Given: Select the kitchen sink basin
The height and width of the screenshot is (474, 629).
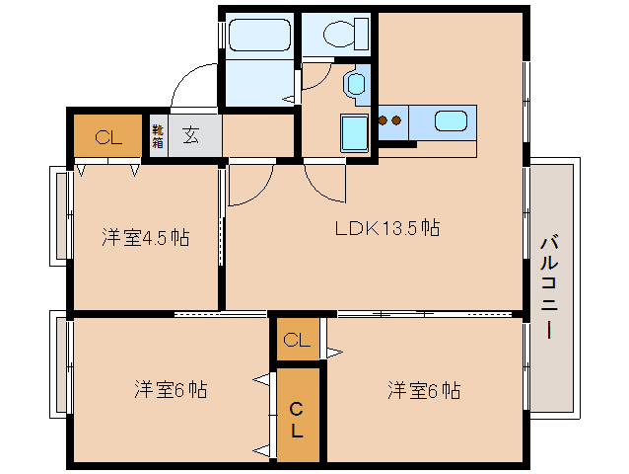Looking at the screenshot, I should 451,122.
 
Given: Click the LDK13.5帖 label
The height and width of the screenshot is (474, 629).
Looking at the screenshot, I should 386,228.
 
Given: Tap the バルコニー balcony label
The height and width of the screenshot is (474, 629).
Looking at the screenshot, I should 550,286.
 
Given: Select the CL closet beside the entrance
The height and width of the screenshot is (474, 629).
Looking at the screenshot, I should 108,137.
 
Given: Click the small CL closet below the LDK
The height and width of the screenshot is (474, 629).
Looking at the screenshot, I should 297,341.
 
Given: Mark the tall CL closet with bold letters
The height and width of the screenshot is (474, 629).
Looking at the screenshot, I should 297,419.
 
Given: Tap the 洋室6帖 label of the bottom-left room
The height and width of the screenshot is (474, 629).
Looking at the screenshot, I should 171,389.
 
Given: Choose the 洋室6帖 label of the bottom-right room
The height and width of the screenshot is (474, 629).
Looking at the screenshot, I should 423,389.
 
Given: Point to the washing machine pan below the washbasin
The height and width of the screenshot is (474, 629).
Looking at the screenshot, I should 353,133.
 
